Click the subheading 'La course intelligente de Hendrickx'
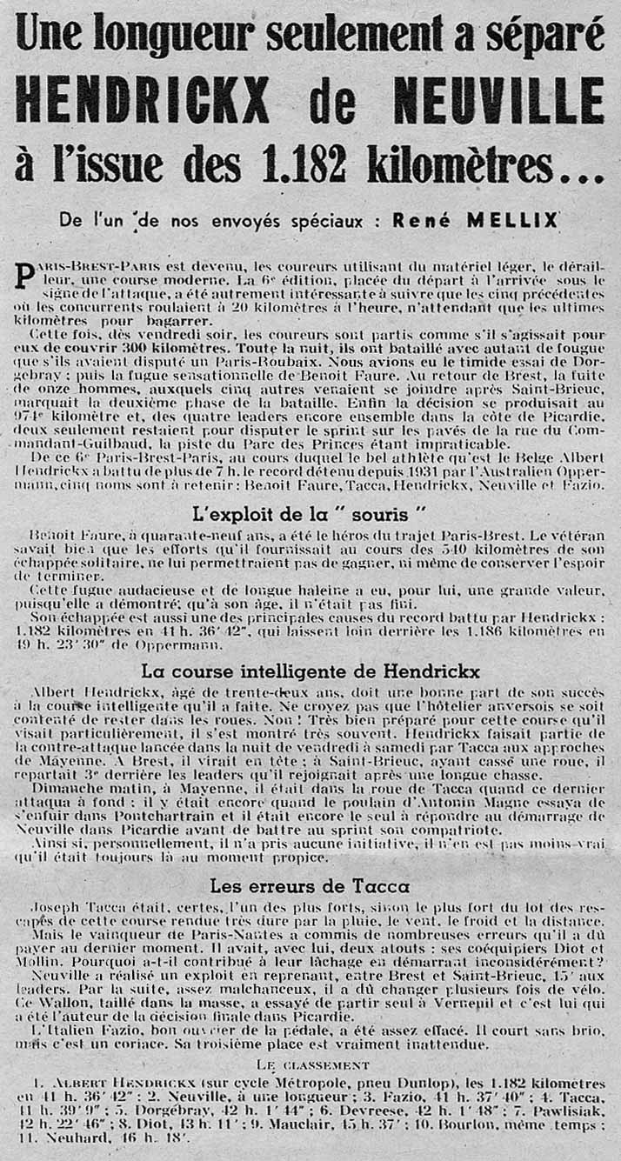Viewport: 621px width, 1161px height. tap(310, 671)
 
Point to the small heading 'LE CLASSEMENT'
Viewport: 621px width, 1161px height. tap(313, 1064)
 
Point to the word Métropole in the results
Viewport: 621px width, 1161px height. tap(306, 1084)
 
